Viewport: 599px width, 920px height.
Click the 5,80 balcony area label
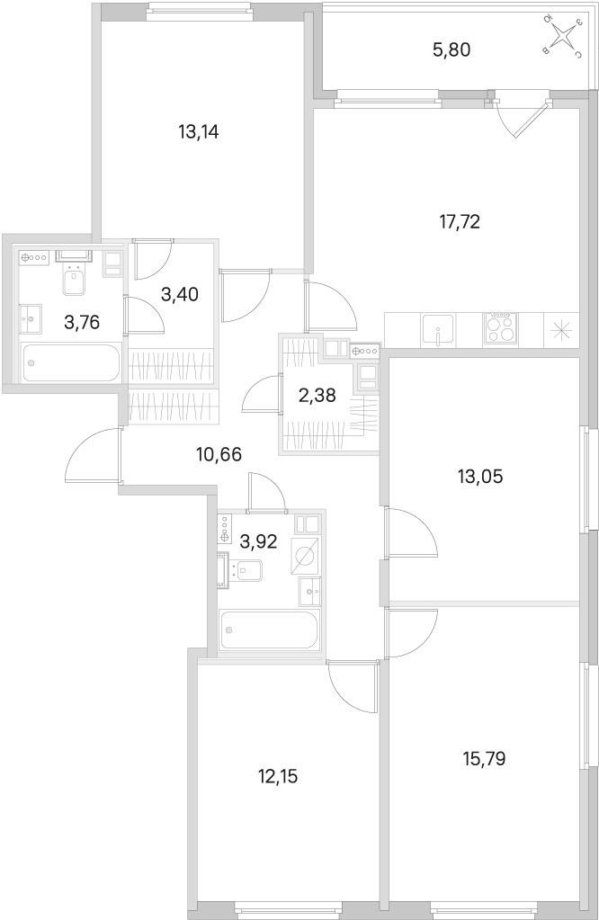coord(451,50)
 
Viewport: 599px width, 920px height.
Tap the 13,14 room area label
coord(198,132)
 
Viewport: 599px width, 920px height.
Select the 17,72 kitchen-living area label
coord(460,222)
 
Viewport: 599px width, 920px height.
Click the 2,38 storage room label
coord(317,396)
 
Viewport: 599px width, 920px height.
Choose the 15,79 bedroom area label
coord(484,759)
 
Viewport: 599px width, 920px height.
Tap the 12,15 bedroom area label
coord(278,777)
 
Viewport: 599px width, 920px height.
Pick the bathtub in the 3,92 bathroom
coord(269,629)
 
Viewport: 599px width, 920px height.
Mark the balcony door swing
coord(516,117)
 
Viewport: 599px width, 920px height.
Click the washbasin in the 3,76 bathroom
coord(31,320)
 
